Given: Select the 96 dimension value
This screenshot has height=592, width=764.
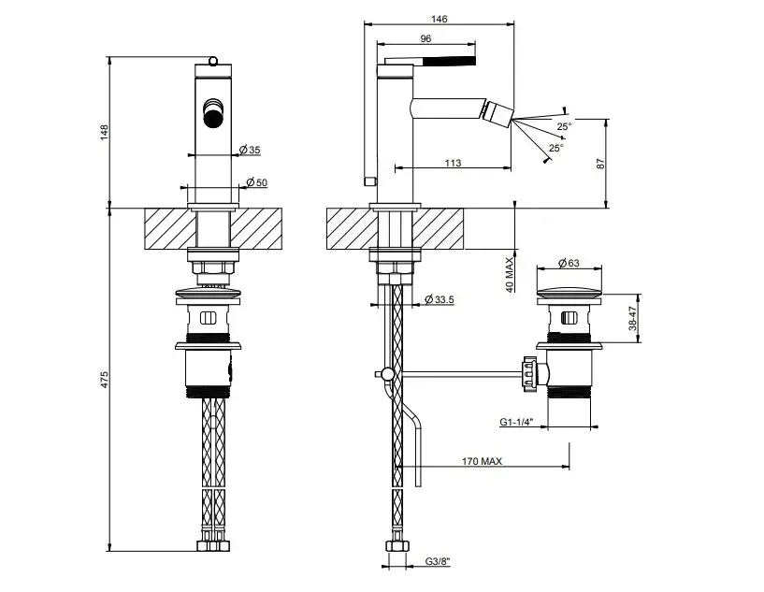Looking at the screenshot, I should point(425,39).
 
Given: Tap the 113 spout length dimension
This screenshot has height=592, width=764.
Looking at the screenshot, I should point(453,164).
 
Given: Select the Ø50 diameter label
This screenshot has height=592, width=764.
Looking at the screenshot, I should point(255,182).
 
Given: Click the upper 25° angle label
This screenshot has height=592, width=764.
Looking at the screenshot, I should point(564,126).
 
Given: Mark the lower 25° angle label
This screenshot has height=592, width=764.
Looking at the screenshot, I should point(556,148).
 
